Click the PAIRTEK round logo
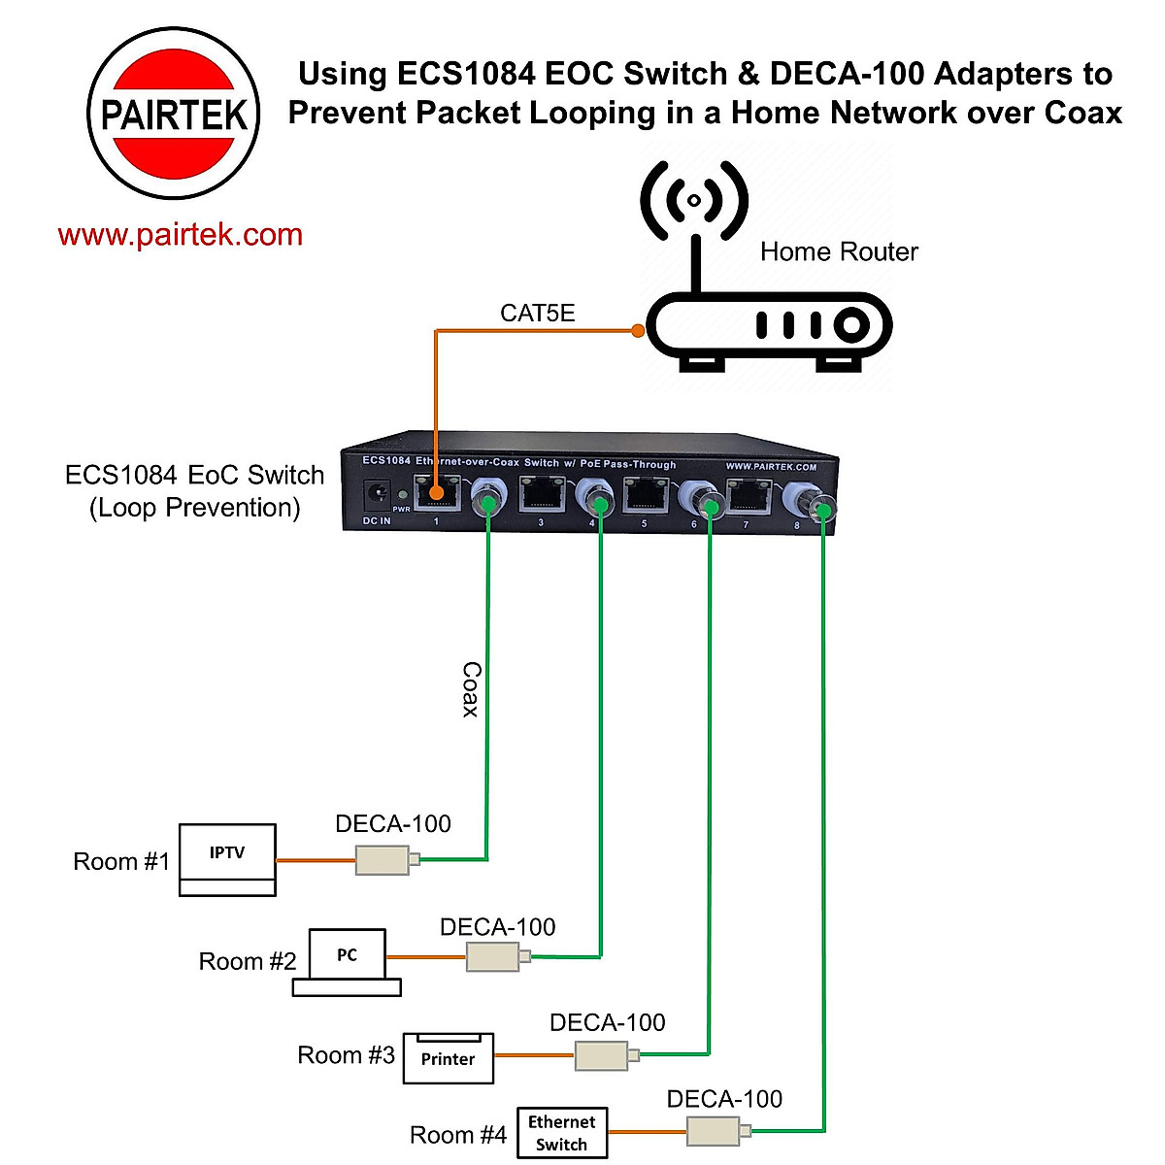[x=175, y=114]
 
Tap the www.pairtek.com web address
[x=181, y=235]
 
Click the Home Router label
[x=839, y=252]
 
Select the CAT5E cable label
[x=537, y=313]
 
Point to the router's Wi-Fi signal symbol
[x=694, y=200]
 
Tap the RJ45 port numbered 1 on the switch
[x=436, y=495]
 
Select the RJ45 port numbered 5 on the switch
[x=643, y=497]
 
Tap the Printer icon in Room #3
[x=449, y=1057]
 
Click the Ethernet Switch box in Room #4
[x=562, y=1133]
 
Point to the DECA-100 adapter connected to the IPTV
[x=383, y=859]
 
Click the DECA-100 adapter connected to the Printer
[x=602, y=1055]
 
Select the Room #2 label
[x=248, y=962]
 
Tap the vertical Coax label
[x=471, y=689]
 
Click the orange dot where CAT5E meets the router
[x=638, y=331]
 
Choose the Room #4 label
[x=458, y=1135]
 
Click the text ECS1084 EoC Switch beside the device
[x=195, y=476]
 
